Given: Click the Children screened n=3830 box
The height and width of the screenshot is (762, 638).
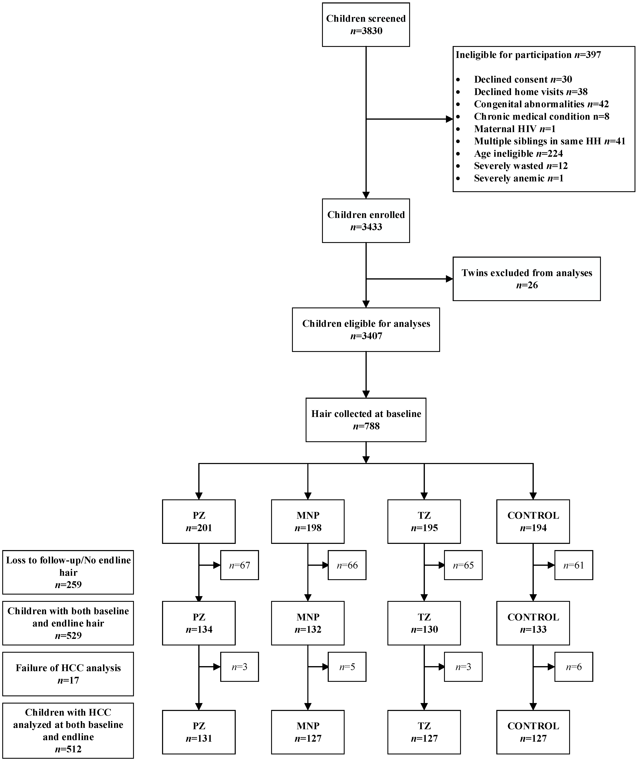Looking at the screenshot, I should pos(366,25).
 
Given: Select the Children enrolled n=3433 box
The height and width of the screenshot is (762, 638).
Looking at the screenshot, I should pos(366,221).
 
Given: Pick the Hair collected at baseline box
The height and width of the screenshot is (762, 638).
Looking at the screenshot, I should pos(366,420).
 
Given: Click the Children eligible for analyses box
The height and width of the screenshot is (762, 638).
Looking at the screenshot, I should pos(366,330).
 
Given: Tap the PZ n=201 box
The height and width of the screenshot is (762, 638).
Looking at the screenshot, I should pos(199,521).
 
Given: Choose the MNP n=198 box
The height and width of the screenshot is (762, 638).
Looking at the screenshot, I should pos(308,521).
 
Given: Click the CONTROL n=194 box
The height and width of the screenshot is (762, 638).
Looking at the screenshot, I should pos(533,521).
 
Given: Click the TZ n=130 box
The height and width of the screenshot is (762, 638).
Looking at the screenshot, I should pos(424,623).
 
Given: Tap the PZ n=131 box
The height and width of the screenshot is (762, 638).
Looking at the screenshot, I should pos(199,732).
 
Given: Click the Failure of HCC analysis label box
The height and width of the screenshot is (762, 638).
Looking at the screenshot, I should pos(68,674).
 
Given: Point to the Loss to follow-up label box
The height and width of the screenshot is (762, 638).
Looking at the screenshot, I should pos(68,572).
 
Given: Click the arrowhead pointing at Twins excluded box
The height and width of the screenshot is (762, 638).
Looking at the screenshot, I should pos(450,279).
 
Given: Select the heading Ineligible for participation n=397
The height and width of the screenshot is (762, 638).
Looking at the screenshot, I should pos(528,55).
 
